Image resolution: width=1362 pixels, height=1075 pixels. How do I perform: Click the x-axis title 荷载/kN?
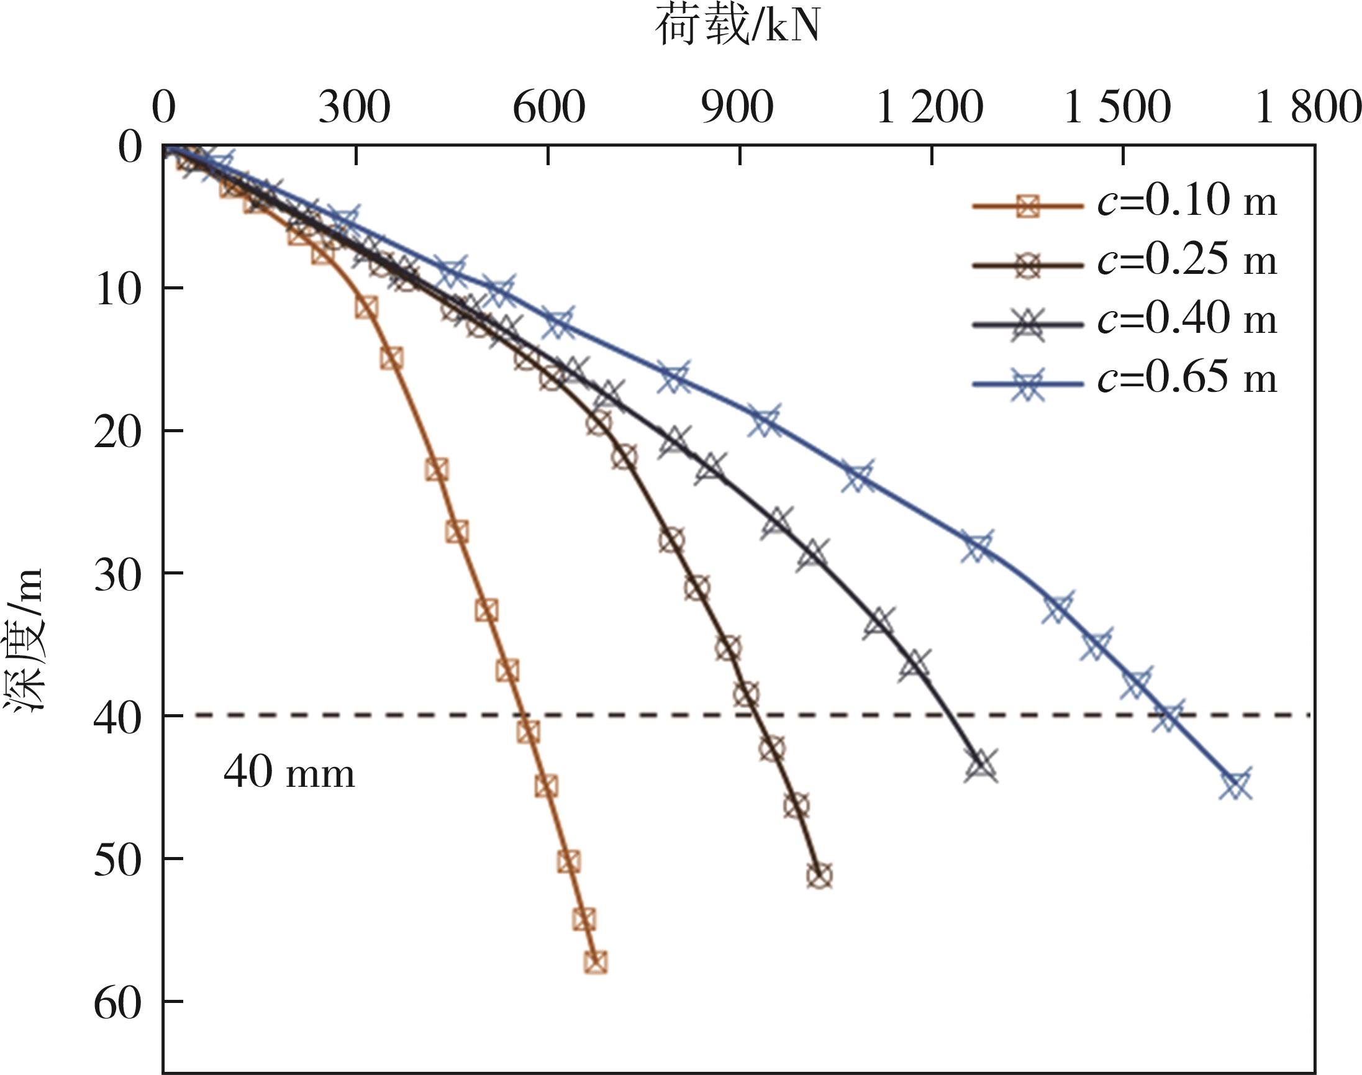pyautogui.click(x=738, y=28)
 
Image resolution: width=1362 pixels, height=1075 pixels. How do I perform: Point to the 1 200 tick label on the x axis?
pyautogui.click(x=929, y=108)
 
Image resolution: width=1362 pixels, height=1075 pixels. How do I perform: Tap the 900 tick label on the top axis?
pyautogui.click(x=738, y=108)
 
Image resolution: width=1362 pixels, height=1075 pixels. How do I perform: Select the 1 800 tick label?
pyautogui.click(x=1308, y=108)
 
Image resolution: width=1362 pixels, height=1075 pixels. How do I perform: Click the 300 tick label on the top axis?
pyautogui.click(x=355, y=108)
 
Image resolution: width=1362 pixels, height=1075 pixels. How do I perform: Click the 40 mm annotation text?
pyautogui.click(x=289, y=773)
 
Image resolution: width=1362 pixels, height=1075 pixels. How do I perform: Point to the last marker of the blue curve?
pyautogui.click(x=1235, y=784)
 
